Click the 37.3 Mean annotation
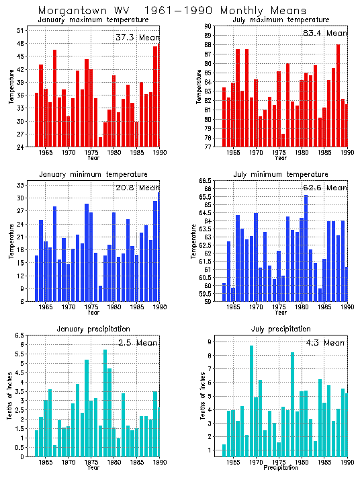coord(137,38)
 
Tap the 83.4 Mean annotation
coord(324,33)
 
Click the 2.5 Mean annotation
coord(137,343)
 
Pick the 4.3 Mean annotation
coord(324,343)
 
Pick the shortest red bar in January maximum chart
coord(101,142)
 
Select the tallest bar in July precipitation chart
coord(251,401)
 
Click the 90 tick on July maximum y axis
coord(209,26)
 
